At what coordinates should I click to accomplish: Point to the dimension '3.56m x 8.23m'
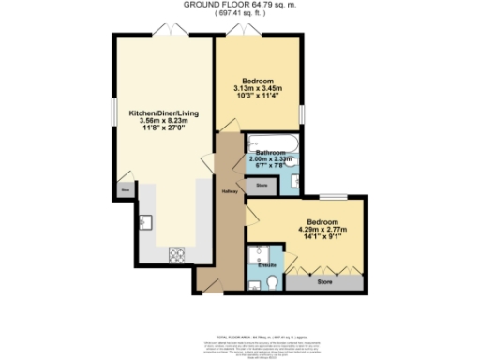164,121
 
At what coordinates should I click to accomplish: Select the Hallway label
228,193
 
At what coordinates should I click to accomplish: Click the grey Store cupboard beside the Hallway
262,187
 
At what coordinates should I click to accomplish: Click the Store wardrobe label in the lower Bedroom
324,279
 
